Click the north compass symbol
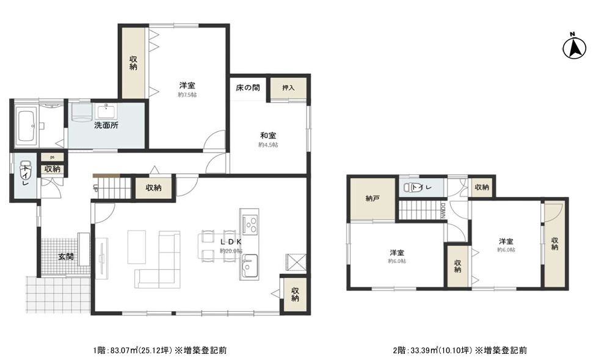click(573, 47)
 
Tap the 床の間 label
click(248, 88)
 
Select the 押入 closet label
click(288, 88)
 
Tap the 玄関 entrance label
click(66, 257)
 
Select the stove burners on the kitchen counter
click(250, 225)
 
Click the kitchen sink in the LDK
click(249, 266)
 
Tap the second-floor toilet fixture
click(409, 188)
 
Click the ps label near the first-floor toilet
click(53, 157)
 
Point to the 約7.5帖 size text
click(187, 95)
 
